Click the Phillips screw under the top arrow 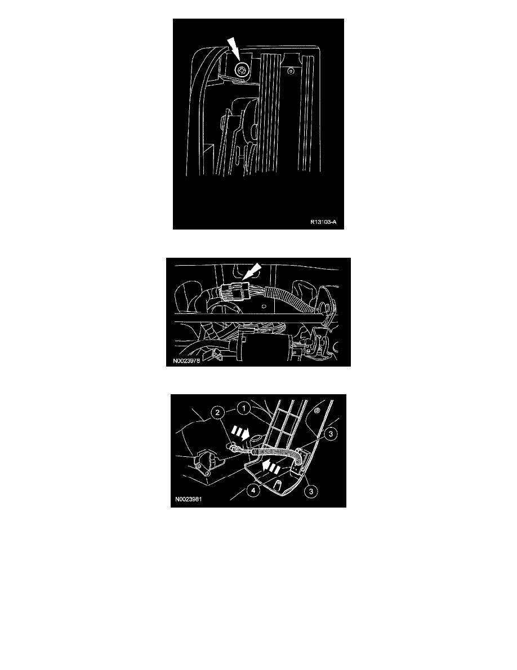click(x=242, y=70)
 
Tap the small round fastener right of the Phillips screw click(x=290, y=71)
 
